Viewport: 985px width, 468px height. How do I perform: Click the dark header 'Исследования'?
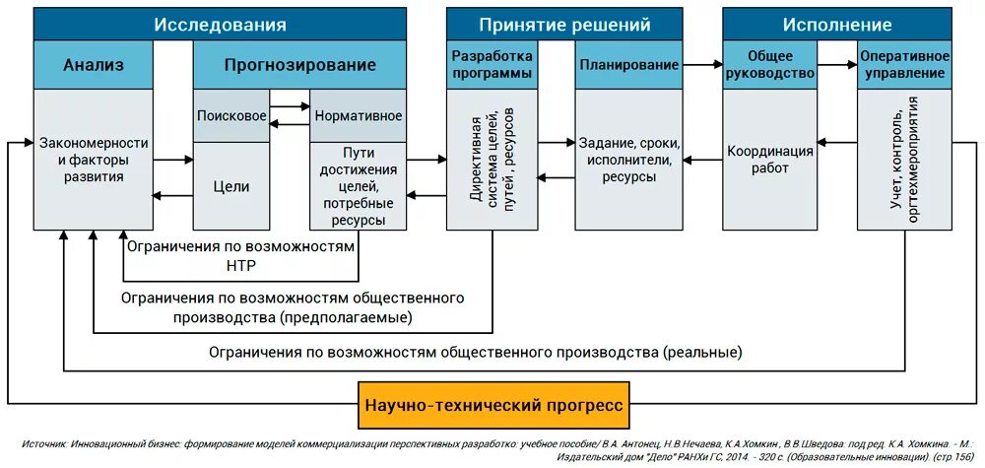(220, 25)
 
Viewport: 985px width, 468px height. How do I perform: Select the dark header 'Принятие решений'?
(564, 25)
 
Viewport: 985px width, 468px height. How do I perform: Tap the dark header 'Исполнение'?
(837, 25)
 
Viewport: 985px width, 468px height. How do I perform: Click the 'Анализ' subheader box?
(94, 65)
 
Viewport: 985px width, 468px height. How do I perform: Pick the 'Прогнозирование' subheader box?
(299, 65)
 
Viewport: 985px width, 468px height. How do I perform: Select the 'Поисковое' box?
(231, 115)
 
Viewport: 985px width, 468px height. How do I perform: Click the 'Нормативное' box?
(358, 115)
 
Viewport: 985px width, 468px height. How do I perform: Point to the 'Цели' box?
(231, 186)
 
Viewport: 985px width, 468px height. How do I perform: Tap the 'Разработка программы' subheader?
(492, 65)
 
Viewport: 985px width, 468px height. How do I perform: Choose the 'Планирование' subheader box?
(628, 65)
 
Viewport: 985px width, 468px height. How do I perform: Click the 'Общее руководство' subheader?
(769, 65)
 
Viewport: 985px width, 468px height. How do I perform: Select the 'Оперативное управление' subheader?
(904, 65)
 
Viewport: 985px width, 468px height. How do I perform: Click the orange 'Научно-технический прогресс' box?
(493, 406)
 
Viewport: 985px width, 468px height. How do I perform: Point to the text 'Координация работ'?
(770, 160)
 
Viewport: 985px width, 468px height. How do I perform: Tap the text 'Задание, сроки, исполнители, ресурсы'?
(629, 160)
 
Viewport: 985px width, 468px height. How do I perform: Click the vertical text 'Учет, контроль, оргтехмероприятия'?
(904, 160)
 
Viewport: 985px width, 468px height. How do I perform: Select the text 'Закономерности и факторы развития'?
(94, 160)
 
